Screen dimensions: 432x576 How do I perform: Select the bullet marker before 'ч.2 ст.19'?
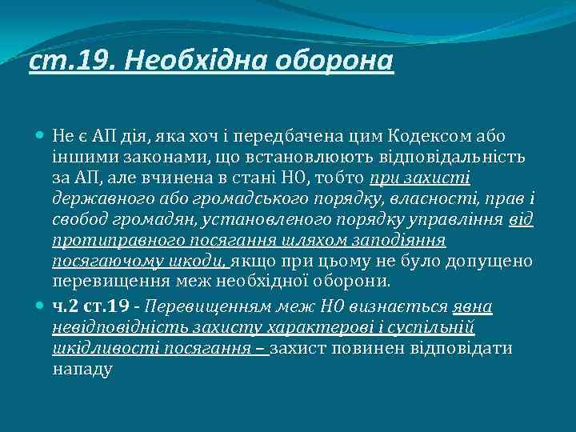[x=41, y=306]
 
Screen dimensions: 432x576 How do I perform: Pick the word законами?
[x=134, y=157]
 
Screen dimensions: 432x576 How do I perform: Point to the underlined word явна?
[x=472, y=306]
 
